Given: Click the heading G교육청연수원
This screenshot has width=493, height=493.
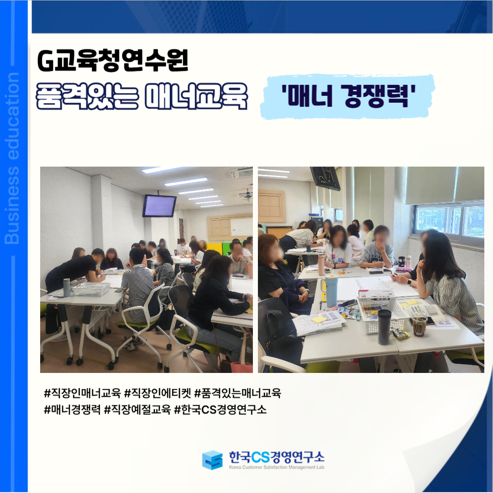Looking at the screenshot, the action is [113, 60].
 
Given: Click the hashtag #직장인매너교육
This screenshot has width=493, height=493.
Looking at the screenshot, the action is [82, 393].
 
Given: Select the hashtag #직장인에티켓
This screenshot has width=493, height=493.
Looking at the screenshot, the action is [157, 393].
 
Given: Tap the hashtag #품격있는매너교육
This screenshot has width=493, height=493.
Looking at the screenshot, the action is [238, 393].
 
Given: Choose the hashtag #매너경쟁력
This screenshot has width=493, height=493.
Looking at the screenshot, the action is [72, 409].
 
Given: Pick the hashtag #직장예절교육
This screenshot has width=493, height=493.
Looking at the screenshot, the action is [137, 409].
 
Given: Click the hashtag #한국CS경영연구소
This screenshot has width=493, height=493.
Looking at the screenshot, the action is [220, 409].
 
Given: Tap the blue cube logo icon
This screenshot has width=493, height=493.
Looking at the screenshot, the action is [212, 460].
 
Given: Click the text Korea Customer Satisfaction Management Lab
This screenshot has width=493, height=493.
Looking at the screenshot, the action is [277, 467].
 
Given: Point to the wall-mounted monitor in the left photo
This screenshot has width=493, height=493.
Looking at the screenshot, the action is [159, 206].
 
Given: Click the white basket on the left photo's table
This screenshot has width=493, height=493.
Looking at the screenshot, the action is [91, 288].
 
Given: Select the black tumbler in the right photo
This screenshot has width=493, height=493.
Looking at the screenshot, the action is [384, 327].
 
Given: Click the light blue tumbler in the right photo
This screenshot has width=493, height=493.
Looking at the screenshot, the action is [331, 290].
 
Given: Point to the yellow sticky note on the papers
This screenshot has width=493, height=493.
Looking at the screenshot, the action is [319, 319].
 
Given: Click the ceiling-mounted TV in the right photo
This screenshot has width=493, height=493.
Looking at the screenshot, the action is [325, 178].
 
